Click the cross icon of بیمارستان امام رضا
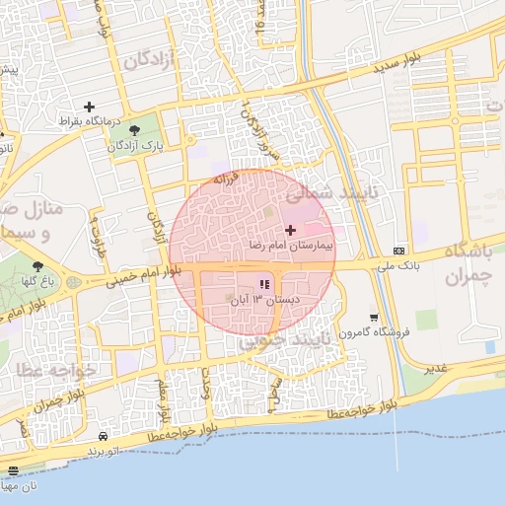point(288,229)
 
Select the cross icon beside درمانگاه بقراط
point(90,107)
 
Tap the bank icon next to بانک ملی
point(398,250)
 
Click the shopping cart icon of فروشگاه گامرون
point(374,318)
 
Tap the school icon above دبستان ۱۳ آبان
point(263,285)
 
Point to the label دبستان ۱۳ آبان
point(264,300)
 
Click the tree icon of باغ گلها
point(37,266)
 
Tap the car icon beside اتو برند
point(104,436)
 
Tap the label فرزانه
point(227,180)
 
